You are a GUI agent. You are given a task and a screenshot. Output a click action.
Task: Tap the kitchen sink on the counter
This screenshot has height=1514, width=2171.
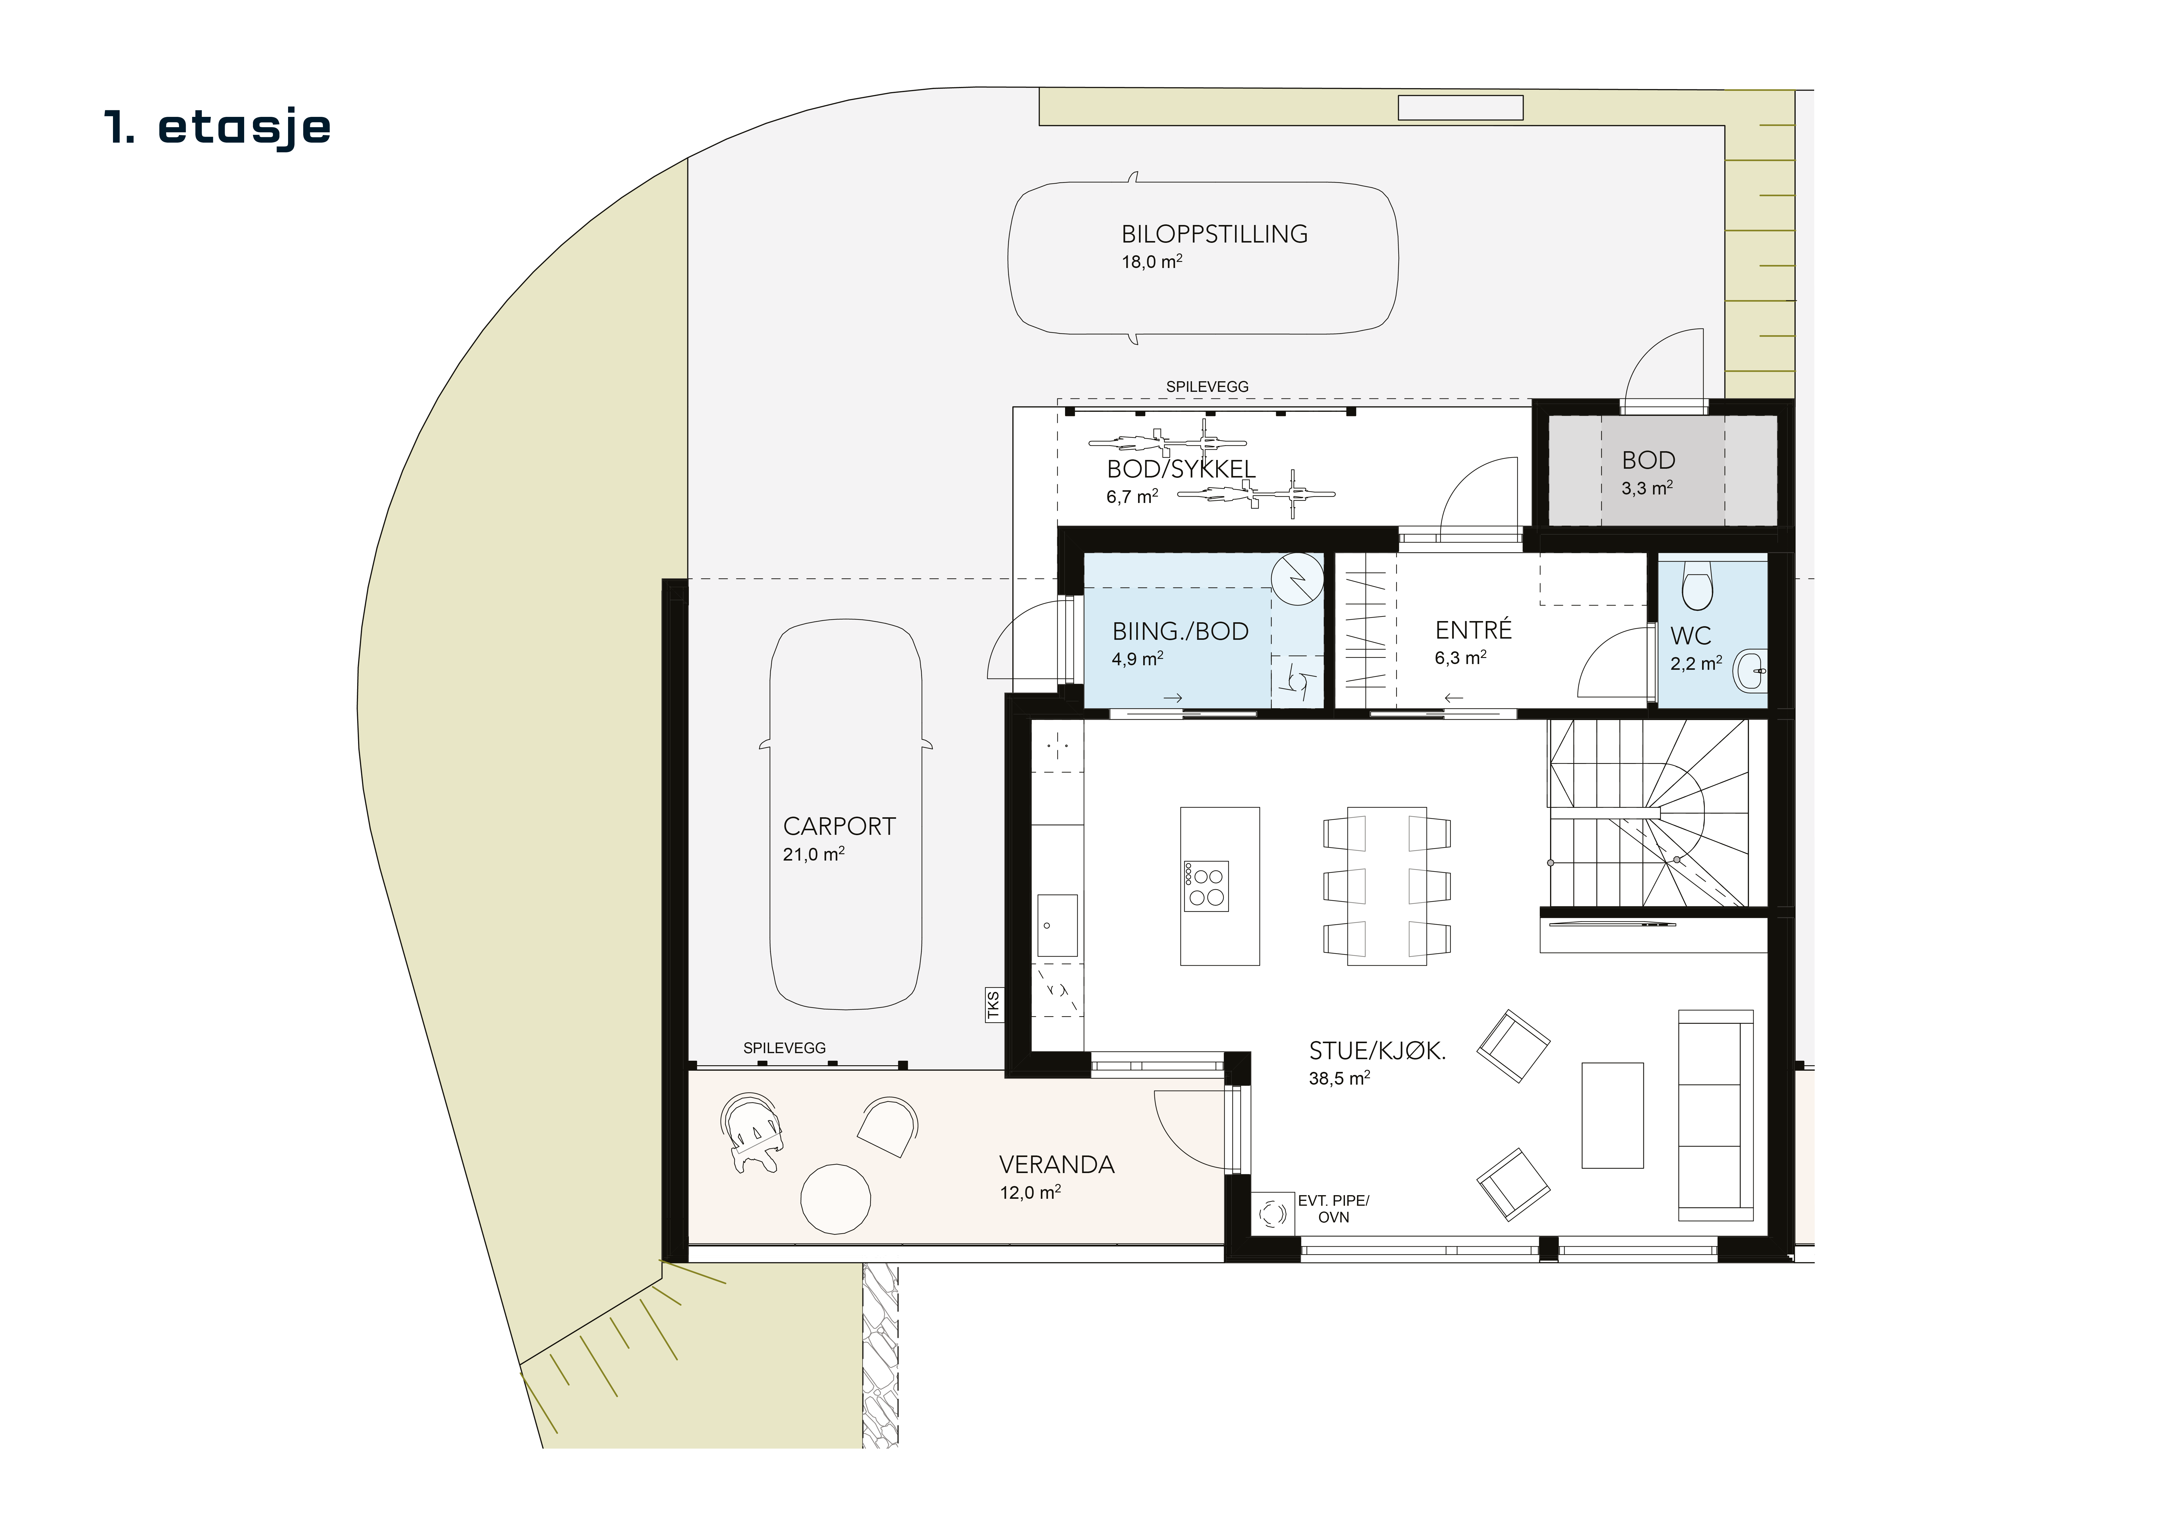click(1057, 925)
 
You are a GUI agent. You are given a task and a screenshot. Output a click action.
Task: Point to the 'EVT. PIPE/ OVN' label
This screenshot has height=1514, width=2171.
click(1333, 1209)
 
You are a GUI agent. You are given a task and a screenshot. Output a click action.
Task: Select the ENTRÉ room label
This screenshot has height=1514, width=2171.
click(1473, 630)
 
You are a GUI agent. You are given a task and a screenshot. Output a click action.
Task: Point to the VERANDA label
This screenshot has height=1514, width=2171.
click(1057, 1164)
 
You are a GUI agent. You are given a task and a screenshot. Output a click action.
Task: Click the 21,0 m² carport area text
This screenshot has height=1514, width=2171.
click(813, 854)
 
